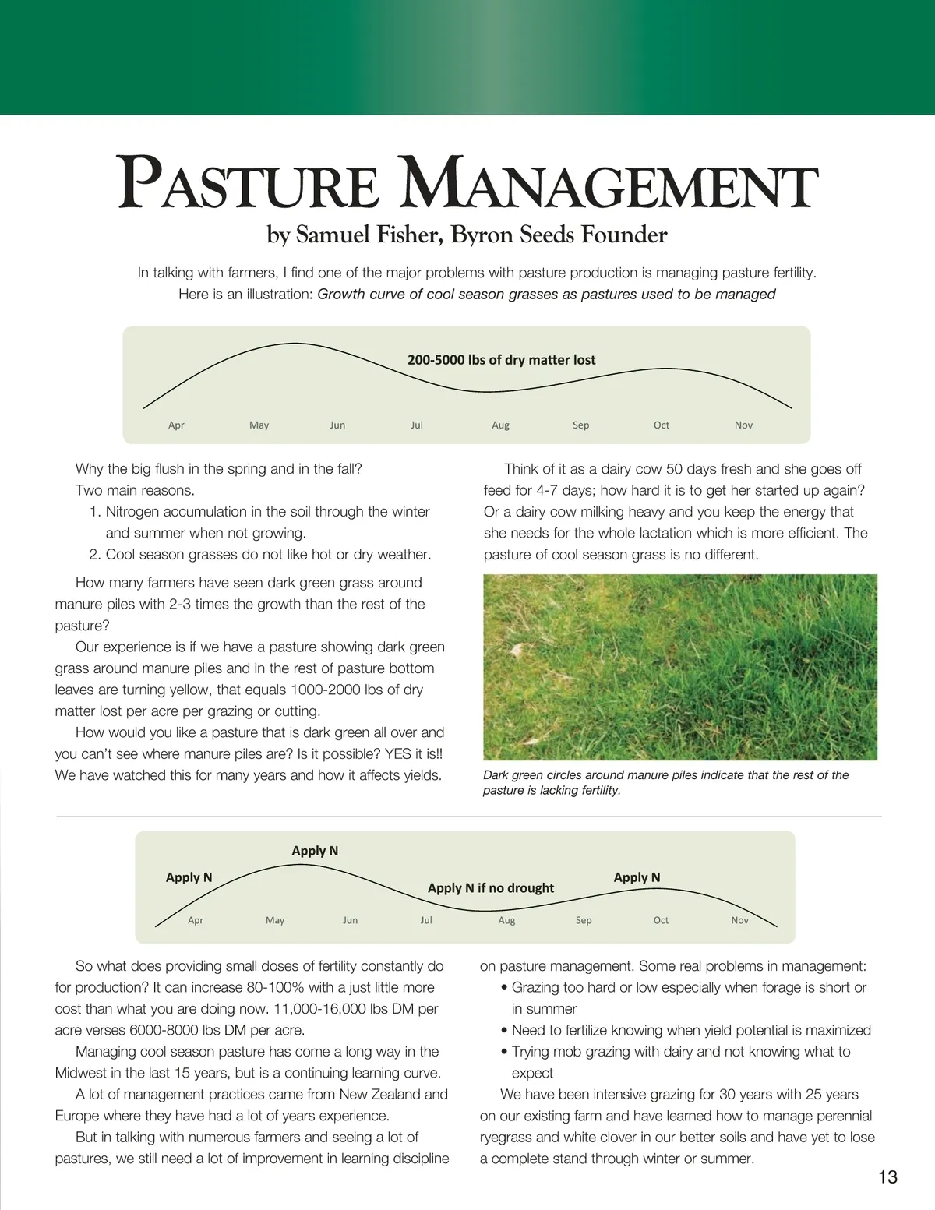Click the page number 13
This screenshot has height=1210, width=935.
[887, 1176]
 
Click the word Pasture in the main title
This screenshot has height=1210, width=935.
[249, 185]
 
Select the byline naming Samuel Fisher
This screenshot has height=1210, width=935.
[467, 235]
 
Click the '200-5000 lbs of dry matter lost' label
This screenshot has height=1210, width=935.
[501, 360]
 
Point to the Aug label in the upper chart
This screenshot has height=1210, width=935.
[500, 425]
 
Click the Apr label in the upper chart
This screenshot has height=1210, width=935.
[176, 425]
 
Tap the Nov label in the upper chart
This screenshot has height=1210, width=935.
[743, 425]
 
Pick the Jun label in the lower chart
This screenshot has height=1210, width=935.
[350, 920]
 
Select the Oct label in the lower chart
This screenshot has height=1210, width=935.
[661, 920]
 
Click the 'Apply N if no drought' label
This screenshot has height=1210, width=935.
[491, 887]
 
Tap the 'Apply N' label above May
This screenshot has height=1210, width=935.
[315, 851]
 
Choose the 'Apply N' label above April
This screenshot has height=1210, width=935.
[189, 877]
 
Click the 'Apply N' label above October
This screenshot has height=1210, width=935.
[637, 877]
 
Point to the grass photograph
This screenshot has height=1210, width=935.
[679, 667]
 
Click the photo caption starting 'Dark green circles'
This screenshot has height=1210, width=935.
[665, 782]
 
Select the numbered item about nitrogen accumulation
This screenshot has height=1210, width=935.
[260, 522]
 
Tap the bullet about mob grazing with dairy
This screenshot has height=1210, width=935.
[680, 1062]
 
